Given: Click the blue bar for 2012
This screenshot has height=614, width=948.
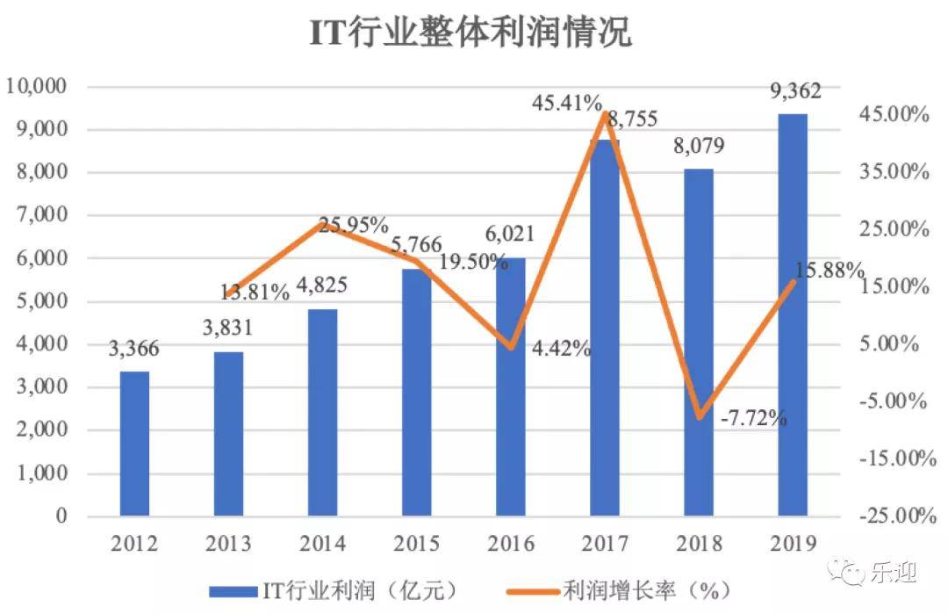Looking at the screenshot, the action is pyautogui.click(x=134, y=444).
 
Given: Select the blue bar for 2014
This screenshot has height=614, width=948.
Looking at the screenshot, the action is pyautogui.click(x=322, y=413).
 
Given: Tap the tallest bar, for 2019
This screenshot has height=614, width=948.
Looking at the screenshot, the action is pyautogui.click(x=793, y=314).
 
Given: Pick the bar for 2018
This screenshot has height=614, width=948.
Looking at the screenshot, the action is pyautogui.click(x=699, y=343).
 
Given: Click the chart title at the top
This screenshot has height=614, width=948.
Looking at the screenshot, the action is pyautogui.click(x=471, y=32).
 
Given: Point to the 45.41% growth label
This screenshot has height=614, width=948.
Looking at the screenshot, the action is pyautogui.click(x=566, y=103).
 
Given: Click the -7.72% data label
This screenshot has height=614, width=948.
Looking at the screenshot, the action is pyautogui.click(x=753, y=417).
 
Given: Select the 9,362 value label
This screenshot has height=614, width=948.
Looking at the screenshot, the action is pyautogui.click(x=795, y=91).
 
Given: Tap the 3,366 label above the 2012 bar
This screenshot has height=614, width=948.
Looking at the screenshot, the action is pyautogui.click(x=133, y=349).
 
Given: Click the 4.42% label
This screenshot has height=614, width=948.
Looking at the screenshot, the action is pyautogui.click(x=561, y=349).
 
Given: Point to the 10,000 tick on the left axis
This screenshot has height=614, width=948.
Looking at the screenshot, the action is pyautogui.click(x=36, y=86).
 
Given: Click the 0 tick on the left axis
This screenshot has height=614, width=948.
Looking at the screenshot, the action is pyautogui.click(x=61, y=516).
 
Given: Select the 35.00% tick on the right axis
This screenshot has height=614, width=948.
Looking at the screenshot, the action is pyautogui.click(x=894, y=172).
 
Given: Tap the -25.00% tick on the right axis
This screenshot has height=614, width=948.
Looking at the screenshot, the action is pyautogui.click(x=898, y=516).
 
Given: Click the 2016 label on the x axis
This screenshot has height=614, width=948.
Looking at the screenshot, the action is pyautogui.click(x=511, y=543).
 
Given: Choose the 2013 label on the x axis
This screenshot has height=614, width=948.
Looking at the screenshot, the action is pyautogui.click(x=228, y=543).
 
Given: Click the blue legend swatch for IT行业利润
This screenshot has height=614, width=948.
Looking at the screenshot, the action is pyautogui.click(x=233, y=592).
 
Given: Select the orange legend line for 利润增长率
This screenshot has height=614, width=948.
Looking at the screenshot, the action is pyautogui.click(x=533, y=592).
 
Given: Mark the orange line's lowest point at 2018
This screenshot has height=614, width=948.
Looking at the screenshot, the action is pyautogui.click(x=700, y=416).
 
